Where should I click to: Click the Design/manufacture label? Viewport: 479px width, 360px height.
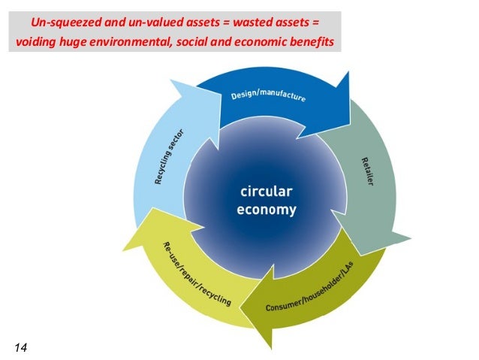[266, 100]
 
